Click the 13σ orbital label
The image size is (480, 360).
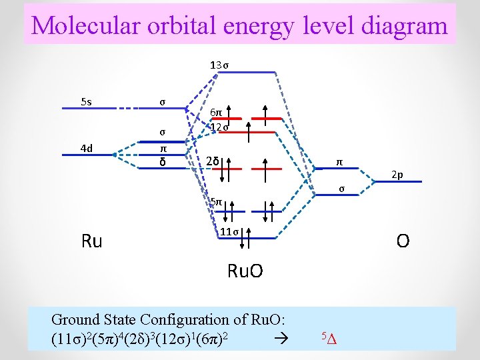click(x=219, y=65)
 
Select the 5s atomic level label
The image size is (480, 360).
click(x=86, y=102)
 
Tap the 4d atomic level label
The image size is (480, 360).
click(x=86, y=148)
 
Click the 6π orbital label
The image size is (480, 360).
click(x=217, y=114)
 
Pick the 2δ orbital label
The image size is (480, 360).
click(x=212, y=161)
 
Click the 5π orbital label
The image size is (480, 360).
click(x=216, y=201)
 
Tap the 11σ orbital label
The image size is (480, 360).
click(x=230, y=231)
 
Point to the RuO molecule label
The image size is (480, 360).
click(x=245, y=271)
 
